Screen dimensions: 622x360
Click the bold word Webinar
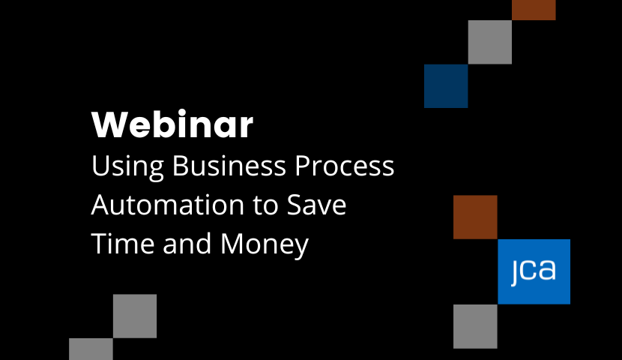172,124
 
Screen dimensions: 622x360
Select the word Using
127,166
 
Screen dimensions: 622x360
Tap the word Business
229,165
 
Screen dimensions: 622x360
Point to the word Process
344,165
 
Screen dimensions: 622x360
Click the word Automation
168,205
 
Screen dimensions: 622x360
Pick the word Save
316,205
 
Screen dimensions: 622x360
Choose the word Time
123,243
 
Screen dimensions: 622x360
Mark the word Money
265,245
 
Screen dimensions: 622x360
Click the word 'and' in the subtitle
187,243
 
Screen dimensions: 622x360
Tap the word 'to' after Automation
265,205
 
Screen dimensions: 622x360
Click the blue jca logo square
534,271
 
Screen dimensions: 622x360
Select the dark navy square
446,85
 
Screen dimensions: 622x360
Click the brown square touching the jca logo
475,217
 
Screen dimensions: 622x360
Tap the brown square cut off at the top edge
534,10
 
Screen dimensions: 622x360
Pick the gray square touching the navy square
490,42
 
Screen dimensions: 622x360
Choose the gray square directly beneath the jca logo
475,326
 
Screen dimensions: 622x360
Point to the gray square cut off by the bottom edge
91,349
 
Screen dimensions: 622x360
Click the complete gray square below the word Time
135,316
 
